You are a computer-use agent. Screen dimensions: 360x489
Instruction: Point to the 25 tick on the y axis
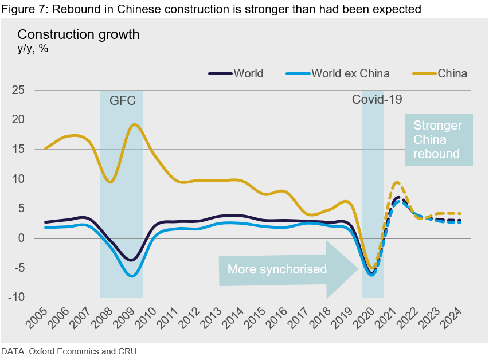click(19, 90)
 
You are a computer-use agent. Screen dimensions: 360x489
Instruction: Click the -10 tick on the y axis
click(18, 298)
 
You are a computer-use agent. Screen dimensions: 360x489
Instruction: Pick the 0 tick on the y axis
click(22, 238)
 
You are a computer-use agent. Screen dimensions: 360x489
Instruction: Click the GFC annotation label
click(122, 101)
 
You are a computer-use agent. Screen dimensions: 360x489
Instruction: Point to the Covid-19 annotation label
click(377, 99)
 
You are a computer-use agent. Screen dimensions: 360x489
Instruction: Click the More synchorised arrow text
click(277, 269)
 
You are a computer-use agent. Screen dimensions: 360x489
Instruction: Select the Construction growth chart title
click(79, 34)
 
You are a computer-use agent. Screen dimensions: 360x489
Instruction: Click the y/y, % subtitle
click(33, 49)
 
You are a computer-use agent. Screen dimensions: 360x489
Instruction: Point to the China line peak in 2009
click(134, 124)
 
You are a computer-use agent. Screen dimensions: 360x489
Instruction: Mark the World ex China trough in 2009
click(132, 276)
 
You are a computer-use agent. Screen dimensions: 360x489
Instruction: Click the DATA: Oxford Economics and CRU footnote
click(69, 351)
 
